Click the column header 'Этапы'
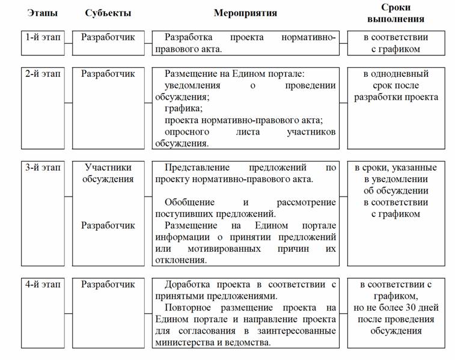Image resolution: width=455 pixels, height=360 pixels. pos(38,13)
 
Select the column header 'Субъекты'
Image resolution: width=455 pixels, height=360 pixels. pos(108,13)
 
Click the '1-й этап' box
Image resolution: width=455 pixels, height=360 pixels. pos(43,37)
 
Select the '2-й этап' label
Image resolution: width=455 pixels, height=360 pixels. pos(43,74)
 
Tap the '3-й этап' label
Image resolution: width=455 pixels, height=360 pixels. pos(43,168)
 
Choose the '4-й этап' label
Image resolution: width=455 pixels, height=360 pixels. pos(43,284)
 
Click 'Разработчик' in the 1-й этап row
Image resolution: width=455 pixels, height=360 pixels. pos(108,37)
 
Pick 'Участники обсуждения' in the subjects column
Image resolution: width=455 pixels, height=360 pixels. pos(108,173)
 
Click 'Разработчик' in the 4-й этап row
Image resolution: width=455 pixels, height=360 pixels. pos(108,284)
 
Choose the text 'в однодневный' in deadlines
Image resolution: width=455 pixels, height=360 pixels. pos(395,74)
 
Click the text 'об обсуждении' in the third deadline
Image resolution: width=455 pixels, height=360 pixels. pos(395,191)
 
